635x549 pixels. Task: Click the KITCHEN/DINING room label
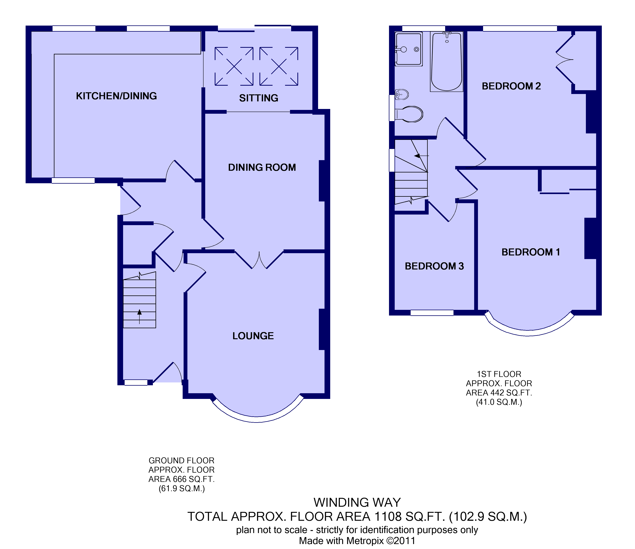[x=116, y=96]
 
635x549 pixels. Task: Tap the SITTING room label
[x=259, y=98]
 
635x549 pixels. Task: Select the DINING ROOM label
[x=262, y=167]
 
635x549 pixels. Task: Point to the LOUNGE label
[x=253, y=336]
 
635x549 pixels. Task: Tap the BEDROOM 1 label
[x=531, y=252]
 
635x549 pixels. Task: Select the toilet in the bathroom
[x=409, y=114]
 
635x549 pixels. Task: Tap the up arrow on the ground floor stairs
[x=140, y=316]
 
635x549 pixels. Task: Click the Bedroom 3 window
[x=432, y=313]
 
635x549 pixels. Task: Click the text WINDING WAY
[x=357, y=502]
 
